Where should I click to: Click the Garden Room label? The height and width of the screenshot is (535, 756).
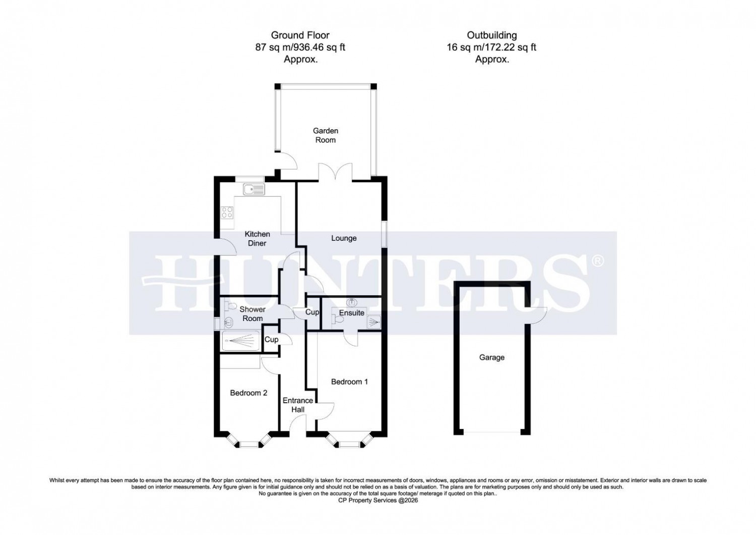[x=325, y=135]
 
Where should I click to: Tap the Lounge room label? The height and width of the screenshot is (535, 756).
[x=344, y=238]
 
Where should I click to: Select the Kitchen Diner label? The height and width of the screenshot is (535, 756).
[x=257, y=239]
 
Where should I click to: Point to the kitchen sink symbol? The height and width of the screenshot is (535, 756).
[x=254, y=190]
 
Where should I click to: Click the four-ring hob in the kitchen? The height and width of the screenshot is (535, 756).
[x=227, y=213]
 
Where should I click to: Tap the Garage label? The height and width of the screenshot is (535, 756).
[x=491, y=357]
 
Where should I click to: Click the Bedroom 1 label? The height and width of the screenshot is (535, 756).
[x=349, y=382]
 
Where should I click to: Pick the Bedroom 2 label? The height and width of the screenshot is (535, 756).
[x=248, y=393]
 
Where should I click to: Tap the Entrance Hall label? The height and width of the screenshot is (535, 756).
[x=297, y=405]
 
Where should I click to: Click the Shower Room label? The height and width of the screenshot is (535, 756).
[x=253, y=314]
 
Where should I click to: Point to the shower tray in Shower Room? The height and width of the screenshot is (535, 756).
[x=240, y=341]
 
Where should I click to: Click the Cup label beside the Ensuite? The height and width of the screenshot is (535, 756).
[x=312, y=312]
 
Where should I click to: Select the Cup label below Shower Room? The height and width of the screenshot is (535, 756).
[x=272, y=340]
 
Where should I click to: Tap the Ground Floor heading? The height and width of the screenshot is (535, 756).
[x=300, y=35]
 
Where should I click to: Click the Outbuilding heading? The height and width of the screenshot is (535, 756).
[x=491, y=35]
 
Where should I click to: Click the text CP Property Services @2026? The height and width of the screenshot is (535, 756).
[x=377, y=501]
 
